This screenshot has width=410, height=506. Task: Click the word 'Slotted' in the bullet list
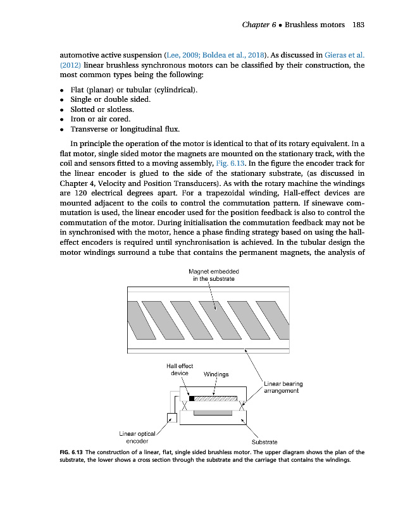86,109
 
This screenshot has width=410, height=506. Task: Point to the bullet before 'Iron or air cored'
62,120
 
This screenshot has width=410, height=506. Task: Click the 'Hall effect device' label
180,369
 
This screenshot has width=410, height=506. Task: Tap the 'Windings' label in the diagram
216,374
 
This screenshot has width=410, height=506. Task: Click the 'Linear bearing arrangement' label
283,387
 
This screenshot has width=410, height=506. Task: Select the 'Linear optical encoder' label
137,436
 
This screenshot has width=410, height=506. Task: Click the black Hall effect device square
192,399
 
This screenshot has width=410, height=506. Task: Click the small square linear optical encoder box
171,417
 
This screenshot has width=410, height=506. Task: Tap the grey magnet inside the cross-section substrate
213,413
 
